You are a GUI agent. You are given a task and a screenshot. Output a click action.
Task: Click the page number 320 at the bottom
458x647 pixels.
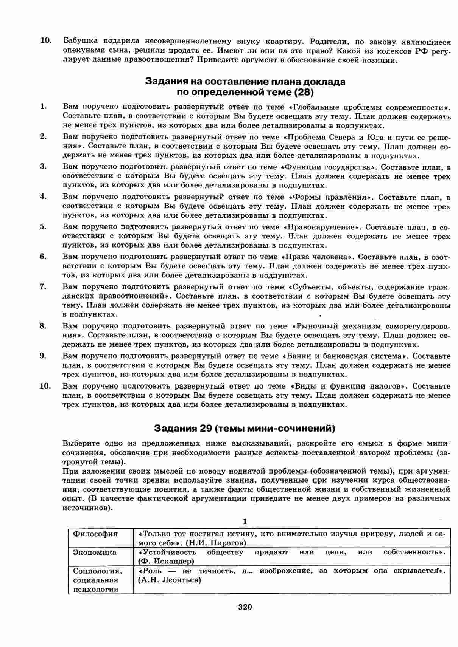[x=245, y=607]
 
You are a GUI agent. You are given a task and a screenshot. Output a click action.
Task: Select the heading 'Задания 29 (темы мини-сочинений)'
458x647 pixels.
[x=245, y=428]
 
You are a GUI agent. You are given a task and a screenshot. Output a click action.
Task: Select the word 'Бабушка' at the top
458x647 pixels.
[x=78, y=41]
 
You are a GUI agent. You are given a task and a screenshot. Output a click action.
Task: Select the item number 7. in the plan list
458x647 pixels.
[x=43, y=286]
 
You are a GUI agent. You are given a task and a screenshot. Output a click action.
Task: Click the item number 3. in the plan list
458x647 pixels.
[x=43, y=166]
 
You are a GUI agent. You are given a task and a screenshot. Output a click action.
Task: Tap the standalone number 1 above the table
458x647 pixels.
[x=245, y=522]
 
